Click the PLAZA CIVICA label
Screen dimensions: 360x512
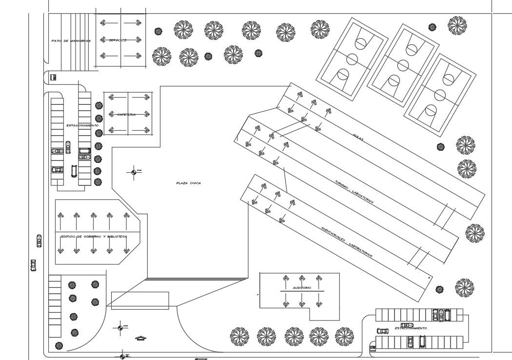click(189, 183)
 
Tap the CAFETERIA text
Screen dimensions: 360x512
click(126, 115)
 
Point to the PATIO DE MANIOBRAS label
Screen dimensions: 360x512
click(71, 41)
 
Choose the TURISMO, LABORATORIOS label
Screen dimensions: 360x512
click(354, 192)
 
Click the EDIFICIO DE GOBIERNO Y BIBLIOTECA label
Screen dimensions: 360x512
click(94, 237)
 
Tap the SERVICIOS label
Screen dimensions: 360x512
click(118, 40)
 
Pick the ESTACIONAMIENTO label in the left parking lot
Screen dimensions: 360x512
click(82, 125)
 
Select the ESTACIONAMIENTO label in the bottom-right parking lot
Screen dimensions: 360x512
click(411, 328)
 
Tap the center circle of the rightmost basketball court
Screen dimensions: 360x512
click(440, 95)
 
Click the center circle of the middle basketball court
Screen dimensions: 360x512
click(403, 65)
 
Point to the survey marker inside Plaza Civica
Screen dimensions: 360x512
click(134, 172)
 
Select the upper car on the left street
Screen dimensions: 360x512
click(39, 241)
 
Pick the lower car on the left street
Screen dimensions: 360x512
click(33, 265)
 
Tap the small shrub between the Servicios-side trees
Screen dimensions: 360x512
click(208, 56)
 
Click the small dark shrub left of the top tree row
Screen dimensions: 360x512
click(158, 31)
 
